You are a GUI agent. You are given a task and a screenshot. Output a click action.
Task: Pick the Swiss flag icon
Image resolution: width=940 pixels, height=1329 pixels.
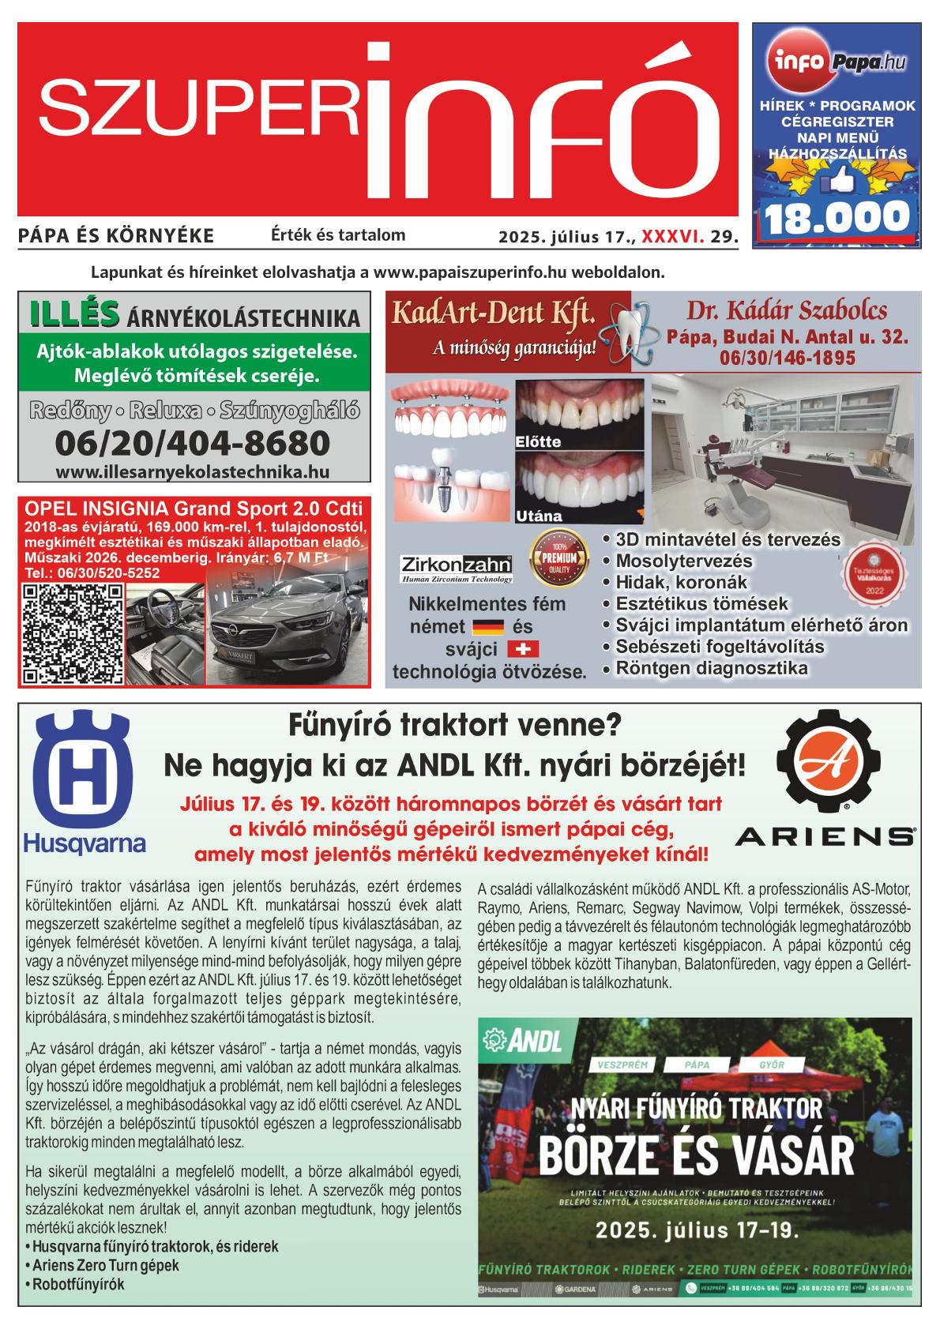click(x=521, y=649)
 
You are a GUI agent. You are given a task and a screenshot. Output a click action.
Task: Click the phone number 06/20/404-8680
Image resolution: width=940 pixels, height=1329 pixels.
click(x=193, y=444)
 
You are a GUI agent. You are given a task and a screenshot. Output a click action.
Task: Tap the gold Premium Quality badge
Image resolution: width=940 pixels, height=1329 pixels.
click(x=560, y=556)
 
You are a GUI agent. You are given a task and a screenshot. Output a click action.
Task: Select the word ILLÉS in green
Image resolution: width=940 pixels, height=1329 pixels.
click(x=74, y=313)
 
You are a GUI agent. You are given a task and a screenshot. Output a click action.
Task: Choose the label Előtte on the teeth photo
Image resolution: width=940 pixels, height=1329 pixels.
click(x=538, y=442)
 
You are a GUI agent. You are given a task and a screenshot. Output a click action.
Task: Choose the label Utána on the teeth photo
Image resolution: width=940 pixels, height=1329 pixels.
click(x=538, y=516)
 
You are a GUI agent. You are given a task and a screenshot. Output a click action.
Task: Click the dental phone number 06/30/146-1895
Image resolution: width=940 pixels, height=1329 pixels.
click(x=787, y=358)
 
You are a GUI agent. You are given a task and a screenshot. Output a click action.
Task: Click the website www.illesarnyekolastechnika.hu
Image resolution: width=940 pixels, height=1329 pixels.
click(x=193, y=472)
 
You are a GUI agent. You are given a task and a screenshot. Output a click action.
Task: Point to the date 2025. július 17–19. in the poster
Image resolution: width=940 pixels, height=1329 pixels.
click(x=697, y=1230)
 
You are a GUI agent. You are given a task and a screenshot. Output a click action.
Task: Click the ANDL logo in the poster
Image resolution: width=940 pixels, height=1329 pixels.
click(x=522, y=1042)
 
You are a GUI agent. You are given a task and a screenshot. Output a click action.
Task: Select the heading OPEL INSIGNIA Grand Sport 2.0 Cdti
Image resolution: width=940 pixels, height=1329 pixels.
click(x=194, y=508)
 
